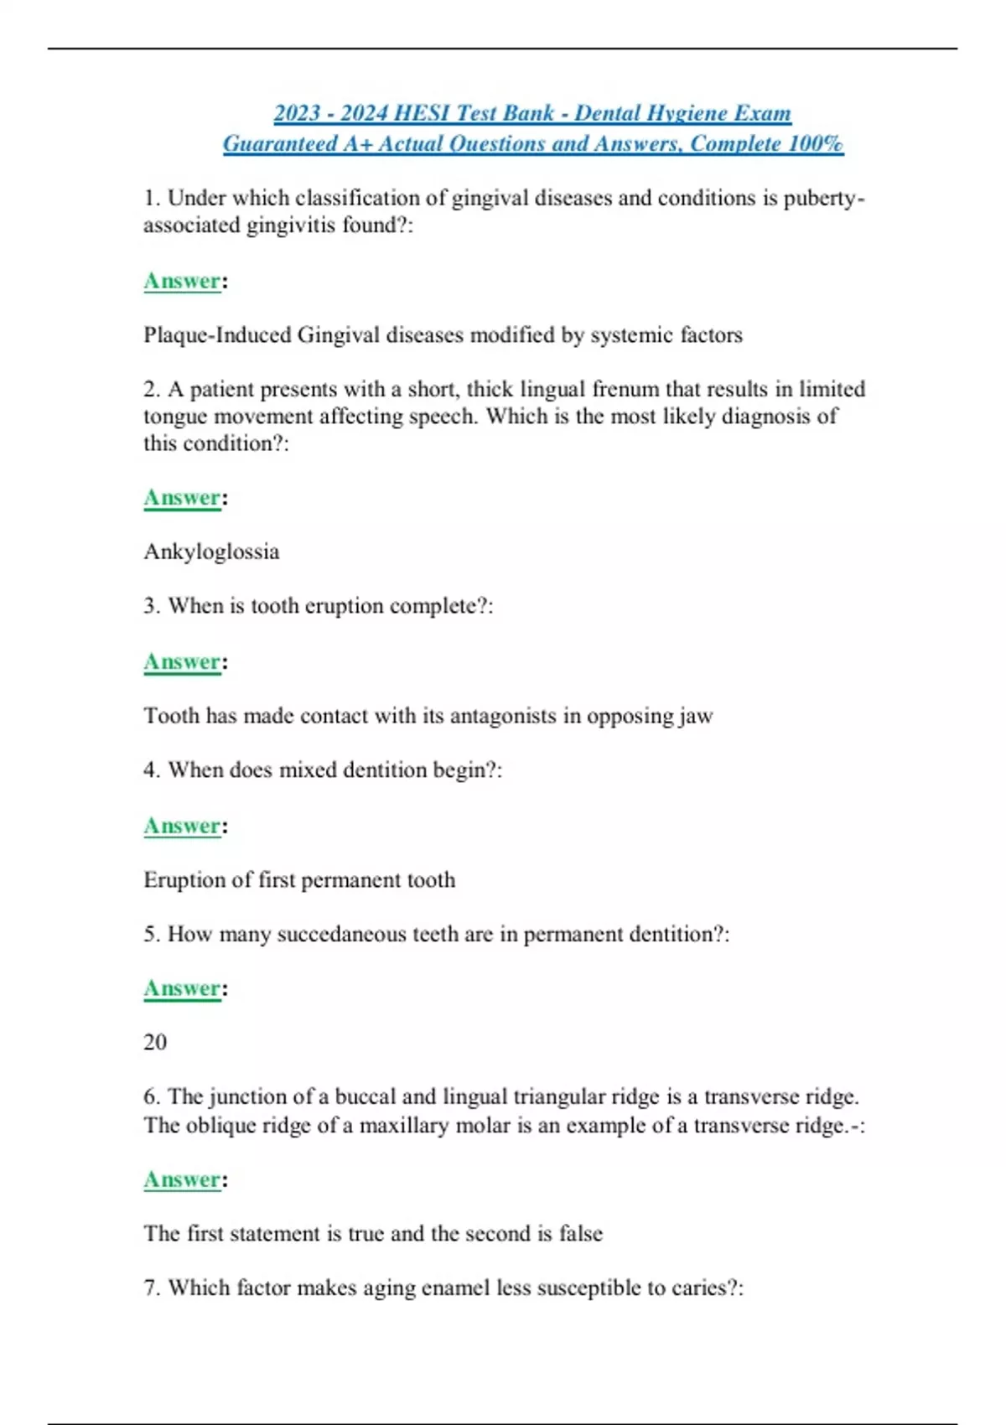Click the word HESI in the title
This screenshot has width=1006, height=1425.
(422, 113)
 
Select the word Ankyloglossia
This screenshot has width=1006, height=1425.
(211, 552)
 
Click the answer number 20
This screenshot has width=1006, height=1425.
(155, 1042)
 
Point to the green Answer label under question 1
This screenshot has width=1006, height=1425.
(182, 281)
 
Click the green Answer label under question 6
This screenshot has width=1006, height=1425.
(182, 1179)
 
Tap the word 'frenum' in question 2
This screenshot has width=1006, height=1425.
(625, 389)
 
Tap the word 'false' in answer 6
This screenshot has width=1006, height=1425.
(581, 1234)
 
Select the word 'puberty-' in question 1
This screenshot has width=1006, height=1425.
(824, 199)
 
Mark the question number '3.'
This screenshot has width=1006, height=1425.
(152, 606)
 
